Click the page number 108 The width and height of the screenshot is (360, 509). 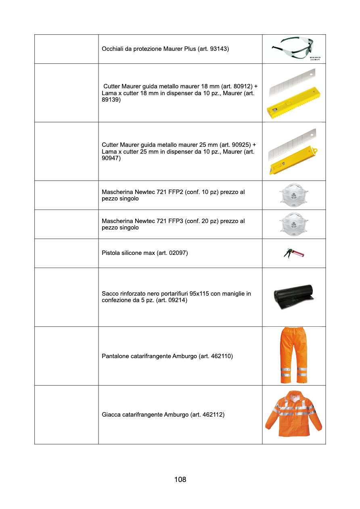(x=180, y=480)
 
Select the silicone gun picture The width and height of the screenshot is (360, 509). (x=294, y=253)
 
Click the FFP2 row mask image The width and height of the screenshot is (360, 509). (x=294, y=195)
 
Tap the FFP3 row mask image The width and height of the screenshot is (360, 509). (x=294, y=224)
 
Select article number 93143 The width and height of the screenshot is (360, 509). (x=219, y=49)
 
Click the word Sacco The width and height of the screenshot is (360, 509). (x=110, y=294)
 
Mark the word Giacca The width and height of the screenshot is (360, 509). (x=111, y=415)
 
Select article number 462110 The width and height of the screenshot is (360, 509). (x=221, y=356)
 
